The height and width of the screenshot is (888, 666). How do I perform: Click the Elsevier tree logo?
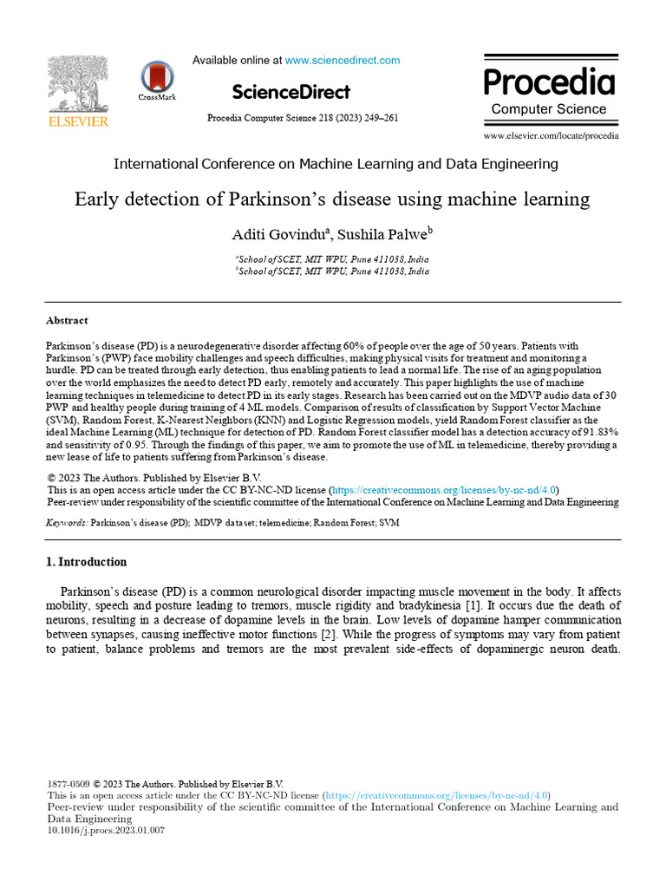77,84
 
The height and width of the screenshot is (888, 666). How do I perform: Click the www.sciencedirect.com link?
343,61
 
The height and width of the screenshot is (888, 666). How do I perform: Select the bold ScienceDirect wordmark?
291,92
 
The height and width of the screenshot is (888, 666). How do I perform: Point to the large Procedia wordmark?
549,82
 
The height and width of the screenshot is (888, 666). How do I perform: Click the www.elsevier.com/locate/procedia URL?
551,136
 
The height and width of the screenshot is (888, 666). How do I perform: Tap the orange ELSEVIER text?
77,122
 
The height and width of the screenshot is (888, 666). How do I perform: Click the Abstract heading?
67,320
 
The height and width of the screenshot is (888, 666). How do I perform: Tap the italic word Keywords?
66,524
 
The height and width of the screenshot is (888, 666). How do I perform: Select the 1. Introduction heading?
86,562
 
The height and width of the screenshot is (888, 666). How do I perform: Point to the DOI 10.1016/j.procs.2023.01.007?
105,830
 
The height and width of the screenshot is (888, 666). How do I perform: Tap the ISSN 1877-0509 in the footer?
67,783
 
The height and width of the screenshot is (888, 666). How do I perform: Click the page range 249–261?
382,118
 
